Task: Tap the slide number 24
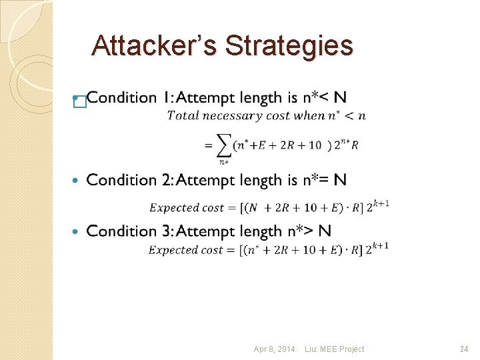[464, 349]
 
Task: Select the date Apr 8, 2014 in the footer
[274, 349]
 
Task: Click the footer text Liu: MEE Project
[334, 349]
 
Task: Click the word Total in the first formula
[179, 116]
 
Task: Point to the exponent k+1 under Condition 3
[381, 245]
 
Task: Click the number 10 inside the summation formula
[315, 145]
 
